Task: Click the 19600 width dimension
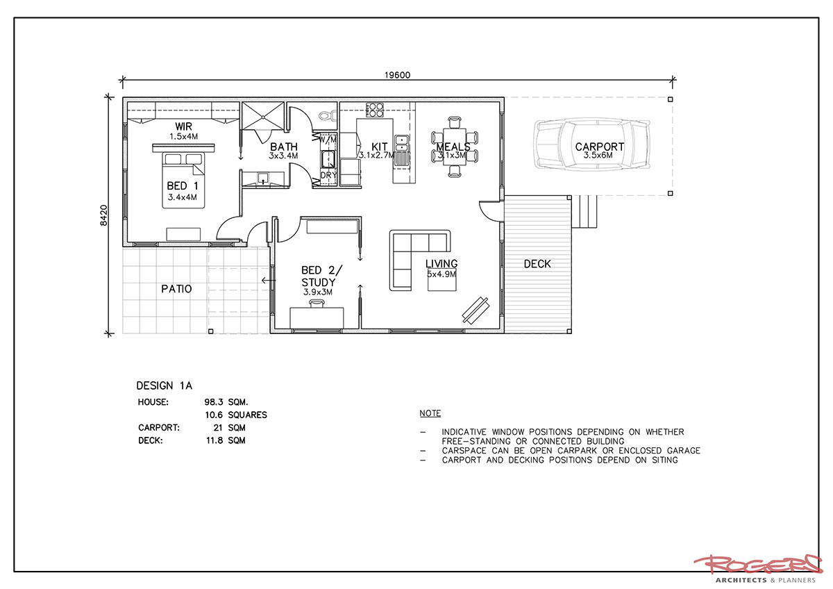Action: [x=397, y=75]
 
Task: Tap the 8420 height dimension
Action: [x=103, y=215]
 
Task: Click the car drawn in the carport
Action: [x=592, y=145]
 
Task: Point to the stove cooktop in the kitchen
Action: [x=374, y=109]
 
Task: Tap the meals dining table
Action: [x=455, y=146]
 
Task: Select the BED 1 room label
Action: [x=182, y=185]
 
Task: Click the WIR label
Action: [x=183, y=126]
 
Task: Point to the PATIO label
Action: [x=176, y=289]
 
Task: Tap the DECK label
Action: [x=537, y=264]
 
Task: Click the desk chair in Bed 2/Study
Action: [x=317, y=304]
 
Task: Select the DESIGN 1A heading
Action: [x=165, y=385]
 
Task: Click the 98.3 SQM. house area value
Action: [x=226, y=402]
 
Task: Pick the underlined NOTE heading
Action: [x=430, y=413]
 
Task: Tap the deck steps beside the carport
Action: [x=584, y=211]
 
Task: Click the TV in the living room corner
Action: [x=476, y=310]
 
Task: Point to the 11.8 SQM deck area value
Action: [x=226, y=440]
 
